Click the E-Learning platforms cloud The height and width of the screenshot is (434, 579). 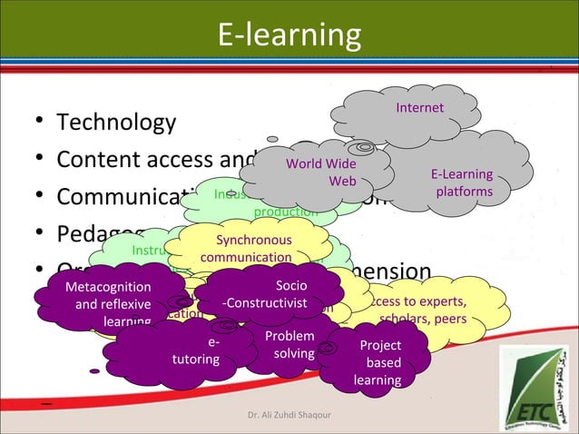pos(462,182)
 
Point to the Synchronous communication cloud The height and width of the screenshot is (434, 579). pos(246,249)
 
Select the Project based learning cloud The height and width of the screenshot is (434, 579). pos(378,362)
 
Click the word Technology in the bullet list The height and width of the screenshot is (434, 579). pos(116,122)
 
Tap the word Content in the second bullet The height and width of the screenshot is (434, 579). pos(98,159)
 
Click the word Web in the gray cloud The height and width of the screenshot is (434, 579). pos(342,181)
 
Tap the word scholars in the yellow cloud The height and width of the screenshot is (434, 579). pos(405,320)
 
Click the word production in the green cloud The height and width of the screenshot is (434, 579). pos(285,212)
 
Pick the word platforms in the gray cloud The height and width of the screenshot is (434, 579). pos(464,192)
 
